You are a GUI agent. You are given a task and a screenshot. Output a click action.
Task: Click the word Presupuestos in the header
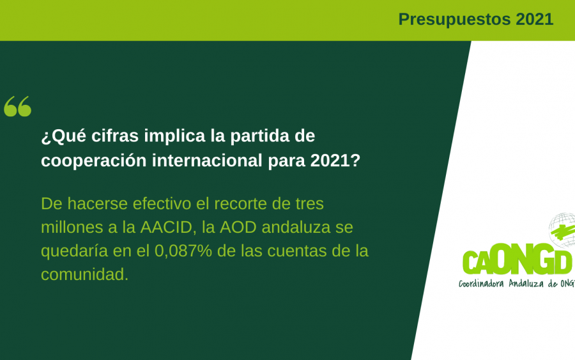pos(454,20)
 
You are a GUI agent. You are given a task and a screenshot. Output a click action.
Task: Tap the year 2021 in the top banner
pos(534,19)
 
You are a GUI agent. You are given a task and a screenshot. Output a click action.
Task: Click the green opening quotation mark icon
pos(18,106)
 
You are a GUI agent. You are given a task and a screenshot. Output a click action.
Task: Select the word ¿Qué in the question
pos(63,136)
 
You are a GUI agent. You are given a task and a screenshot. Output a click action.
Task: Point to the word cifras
pos(115,136)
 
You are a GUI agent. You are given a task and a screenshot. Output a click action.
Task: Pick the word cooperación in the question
pos(93,160)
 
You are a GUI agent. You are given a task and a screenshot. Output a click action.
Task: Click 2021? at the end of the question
pos(335,160)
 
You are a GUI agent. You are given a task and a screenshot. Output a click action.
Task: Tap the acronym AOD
pos(238,228)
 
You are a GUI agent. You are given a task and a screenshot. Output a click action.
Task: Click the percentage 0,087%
pos(183,251)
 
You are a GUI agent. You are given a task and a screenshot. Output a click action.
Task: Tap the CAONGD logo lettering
pos(517,261)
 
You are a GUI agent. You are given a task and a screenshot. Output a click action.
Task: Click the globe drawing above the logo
pos(562,230)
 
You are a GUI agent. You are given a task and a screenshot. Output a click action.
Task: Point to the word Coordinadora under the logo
pos(481,283)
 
